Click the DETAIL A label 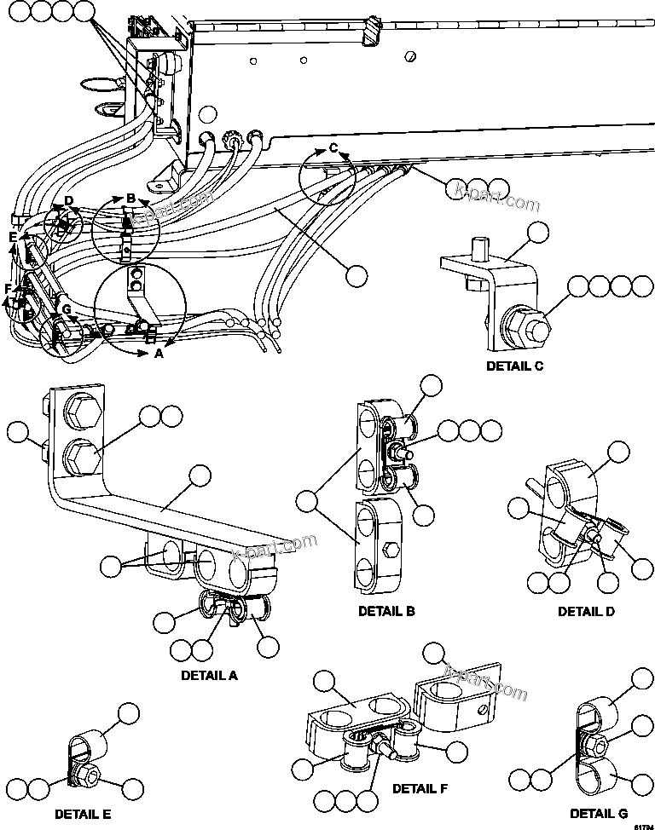209,675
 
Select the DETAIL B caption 386,611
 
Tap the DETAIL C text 514,366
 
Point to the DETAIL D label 587,611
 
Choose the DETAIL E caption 83,814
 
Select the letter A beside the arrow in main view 157,354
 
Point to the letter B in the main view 130,199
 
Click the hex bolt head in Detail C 527,325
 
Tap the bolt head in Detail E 86,775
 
